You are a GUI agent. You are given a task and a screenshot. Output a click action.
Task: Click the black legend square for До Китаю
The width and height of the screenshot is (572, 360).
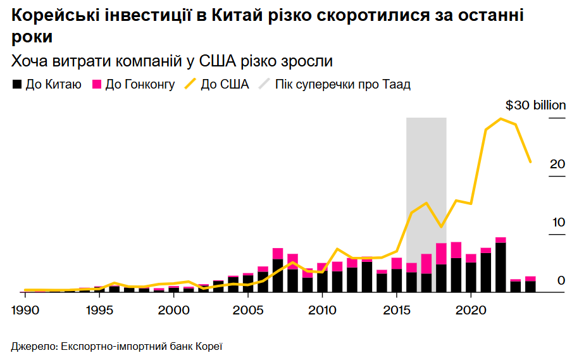tap(17, 84)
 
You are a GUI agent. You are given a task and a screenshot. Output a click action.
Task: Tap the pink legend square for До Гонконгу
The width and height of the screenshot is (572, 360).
tap(97, 84)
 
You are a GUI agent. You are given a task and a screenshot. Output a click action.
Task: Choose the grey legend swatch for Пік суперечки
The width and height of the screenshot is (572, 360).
tap(264, 84)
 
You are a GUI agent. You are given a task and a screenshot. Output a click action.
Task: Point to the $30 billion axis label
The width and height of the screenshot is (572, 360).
tap(536, 105)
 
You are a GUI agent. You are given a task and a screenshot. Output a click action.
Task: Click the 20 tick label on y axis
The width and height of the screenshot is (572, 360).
tap(557, 164)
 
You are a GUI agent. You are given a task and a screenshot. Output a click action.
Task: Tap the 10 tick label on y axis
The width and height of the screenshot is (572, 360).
tap(557, 223)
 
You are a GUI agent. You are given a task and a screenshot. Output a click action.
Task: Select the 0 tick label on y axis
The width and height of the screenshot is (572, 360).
tap(561, 280)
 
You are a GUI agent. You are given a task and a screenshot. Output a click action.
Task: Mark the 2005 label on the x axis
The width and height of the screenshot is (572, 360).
tap(247, 311)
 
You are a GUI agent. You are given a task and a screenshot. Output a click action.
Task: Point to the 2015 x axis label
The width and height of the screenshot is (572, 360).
tap(396, 311)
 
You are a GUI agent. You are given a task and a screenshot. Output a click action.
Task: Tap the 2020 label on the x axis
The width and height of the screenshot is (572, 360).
tap(470, 311)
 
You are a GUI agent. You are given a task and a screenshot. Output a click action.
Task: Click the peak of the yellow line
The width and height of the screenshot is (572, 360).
tap(500, 119)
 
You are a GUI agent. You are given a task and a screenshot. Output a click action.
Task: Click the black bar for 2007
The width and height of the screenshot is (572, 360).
tap(278, 275)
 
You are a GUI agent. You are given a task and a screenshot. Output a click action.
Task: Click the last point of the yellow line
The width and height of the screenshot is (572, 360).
tap(530, 162)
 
